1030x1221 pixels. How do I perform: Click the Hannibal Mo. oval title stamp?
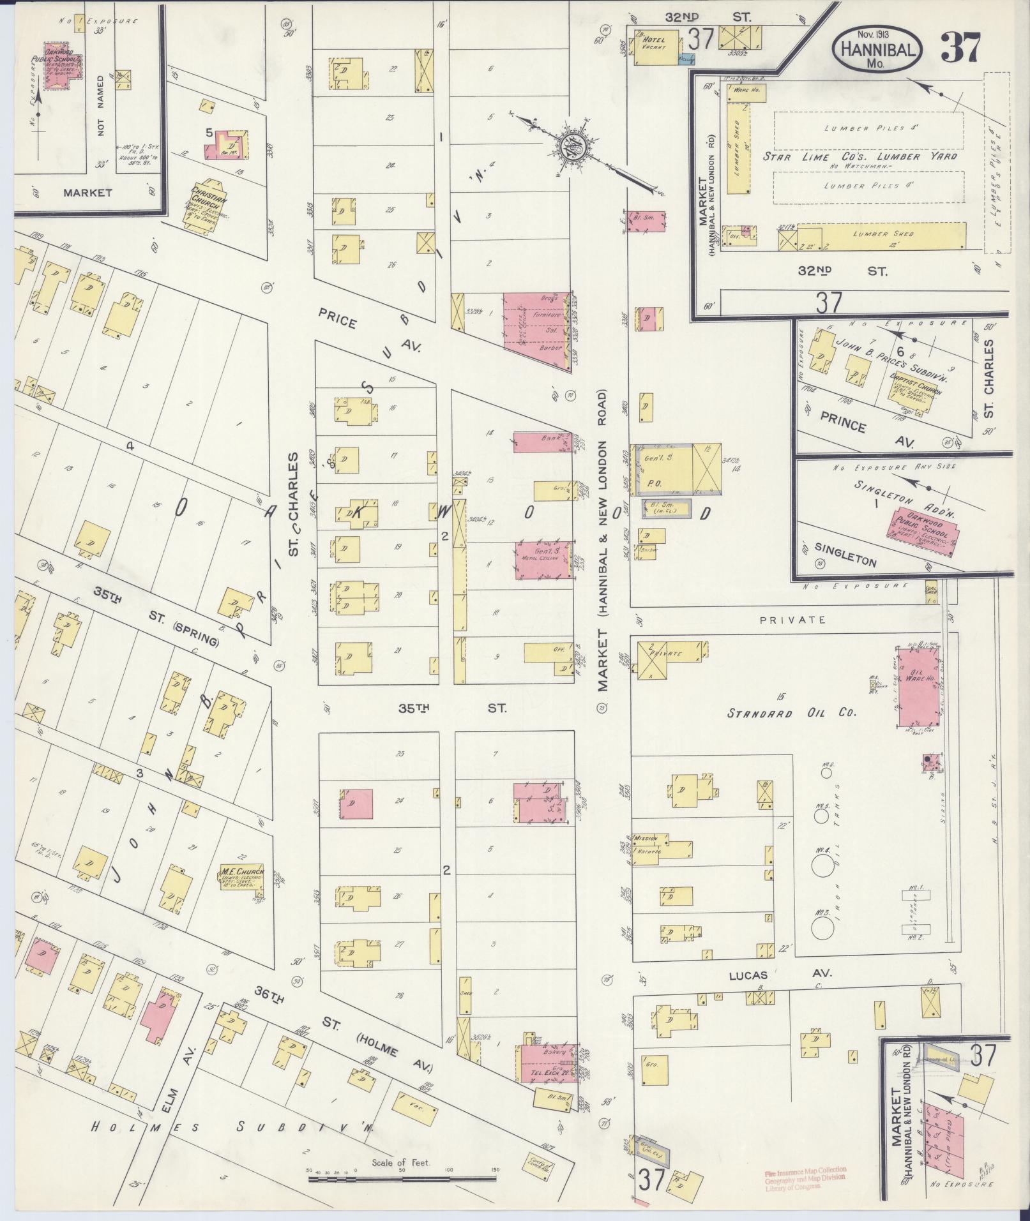pyautogui.click(x=877, y=49)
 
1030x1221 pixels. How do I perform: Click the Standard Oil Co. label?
pyautogui.click(x=791, y=713)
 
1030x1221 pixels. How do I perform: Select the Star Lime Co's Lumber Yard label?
pyautogui.click(x=860, y=156)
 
